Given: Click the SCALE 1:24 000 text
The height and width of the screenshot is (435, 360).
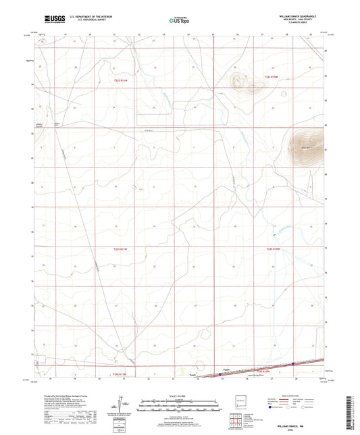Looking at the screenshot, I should (x=180, y=395).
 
